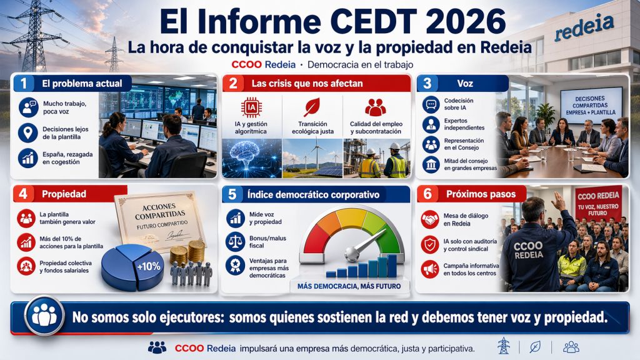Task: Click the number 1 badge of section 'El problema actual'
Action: pos(23,84)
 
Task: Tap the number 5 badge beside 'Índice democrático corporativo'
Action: pos(232,194)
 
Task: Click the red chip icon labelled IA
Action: pos(251,107)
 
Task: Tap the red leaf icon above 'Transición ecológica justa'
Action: pos(312,107)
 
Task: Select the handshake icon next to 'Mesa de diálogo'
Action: pos(429,219)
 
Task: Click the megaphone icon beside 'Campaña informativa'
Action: pos(429,269)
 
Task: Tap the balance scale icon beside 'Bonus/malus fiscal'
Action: pos(236,240)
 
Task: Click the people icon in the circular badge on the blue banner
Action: pos(44,316)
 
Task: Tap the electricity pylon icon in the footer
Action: pos(503,346)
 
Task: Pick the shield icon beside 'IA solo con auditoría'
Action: pos(429,244)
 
